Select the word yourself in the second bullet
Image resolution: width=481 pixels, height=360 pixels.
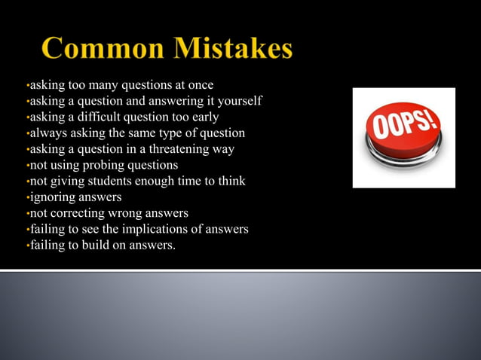[x=236, y=101]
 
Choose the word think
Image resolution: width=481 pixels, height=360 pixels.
[x=231, y=181]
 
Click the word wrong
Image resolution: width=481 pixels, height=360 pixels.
[x=129, y=213]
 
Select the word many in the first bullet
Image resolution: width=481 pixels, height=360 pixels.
[x=104, y=85]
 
